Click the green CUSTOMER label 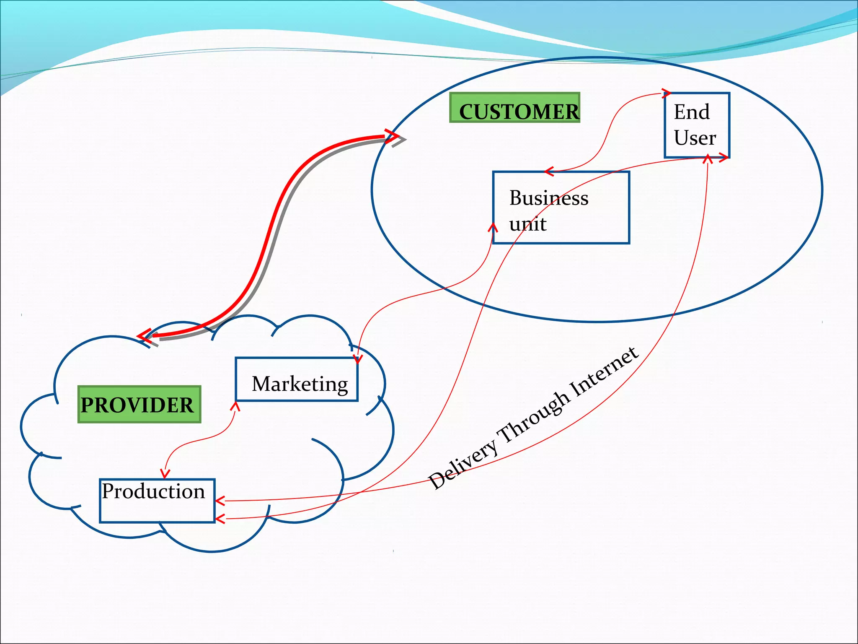(514, 108)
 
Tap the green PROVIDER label (139, 404)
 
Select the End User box (697, 125)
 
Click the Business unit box (561, 207)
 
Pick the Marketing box (297, 379)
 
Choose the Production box (157, 501)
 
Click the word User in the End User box (695, 138)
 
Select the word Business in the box (548, 198)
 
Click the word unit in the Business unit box (527, 224)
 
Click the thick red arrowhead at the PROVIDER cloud (145, 336)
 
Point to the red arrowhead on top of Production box (165, 474)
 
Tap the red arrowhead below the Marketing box (235, 406)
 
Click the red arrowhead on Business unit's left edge (494, 228)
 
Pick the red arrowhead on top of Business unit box (549, 171)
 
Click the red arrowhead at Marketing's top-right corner (357, 359)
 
